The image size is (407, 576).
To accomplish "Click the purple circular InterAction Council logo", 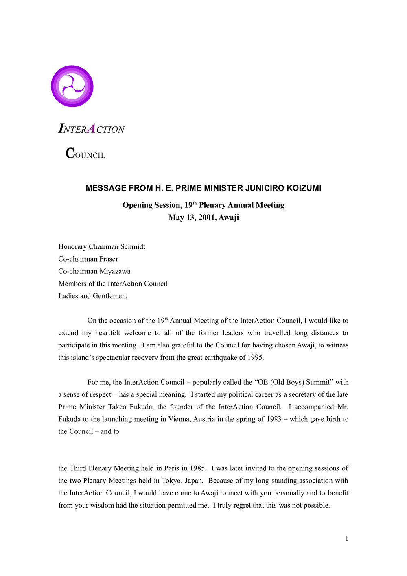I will point(72,86).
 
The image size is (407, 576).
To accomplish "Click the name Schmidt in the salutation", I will point(133,247).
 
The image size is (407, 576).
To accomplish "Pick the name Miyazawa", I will point(115,271).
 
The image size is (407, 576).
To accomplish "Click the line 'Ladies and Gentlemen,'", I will point(93,296).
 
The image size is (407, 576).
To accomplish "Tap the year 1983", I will point(274,419).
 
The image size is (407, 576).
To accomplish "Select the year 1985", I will point(197,468).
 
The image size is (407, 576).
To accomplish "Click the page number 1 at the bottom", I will point(347,539).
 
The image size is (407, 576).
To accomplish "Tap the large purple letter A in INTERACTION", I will point(92,129).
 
